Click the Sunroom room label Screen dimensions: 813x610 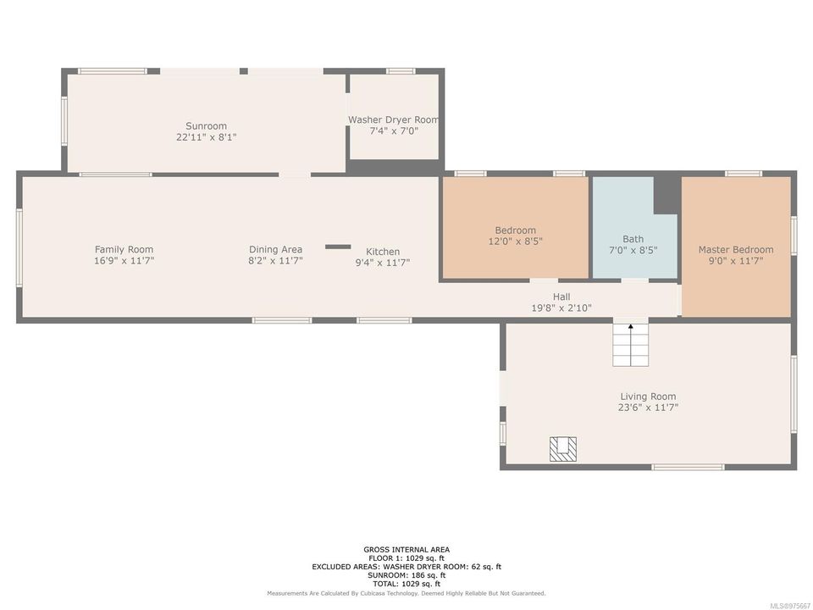(x=207, y=125)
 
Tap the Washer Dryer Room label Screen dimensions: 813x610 (x=394, y=119)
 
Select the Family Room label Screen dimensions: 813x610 (x=124, y=249)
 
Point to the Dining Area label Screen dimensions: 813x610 (x=275, y=249)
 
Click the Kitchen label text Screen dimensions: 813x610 (x=383, y=252)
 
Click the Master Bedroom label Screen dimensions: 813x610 (x=736, y=249)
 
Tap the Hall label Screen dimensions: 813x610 (x=561, y=297)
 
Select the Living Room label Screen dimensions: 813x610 (x=648, y=396)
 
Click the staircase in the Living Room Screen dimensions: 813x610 (x=630, y=345)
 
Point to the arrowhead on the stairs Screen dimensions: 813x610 (x=630, y=327)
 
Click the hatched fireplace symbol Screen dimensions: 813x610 (x=563, y=449)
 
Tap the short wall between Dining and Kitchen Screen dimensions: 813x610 (x=338, y=247)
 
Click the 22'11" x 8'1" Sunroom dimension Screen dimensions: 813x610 (x=207, y=137)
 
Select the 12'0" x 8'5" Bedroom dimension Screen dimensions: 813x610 (x=516, y=241)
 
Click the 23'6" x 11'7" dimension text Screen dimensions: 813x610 (x=648, y=408)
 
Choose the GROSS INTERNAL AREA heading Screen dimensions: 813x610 (x=406, y=550)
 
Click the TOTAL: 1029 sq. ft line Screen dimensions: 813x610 (x=406, y=584)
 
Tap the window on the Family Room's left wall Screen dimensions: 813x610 (x=19, y=247)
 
